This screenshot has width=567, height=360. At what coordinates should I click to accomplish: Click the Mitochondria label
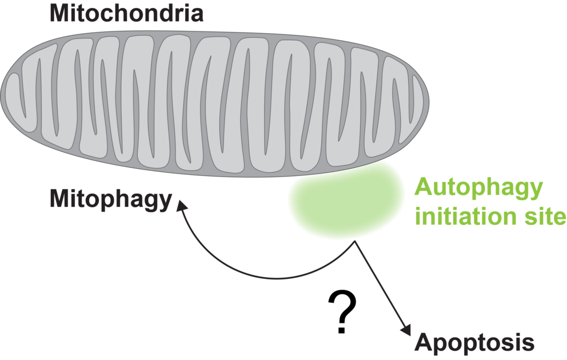pyautogui.click(x=126, y=13)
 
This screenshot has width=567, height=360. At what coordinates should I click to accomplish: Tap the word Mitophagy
pyautogui.click(x=111, y=201)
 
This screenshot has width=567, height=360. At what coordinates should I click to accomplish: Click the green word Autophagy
pyautogui.click(x=478, y=188)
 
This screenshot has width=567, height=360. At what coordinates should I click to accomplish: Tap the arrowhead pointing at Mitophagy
pyautogui.click(x=182, y=204)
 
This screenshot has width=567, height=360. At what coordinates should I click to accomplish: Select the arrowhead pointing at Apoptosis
pyautogui.click(x=406, y=331)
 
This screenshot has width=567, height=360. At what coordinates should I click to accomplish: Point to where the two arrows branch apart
pyautogui.click(x=354, y=242)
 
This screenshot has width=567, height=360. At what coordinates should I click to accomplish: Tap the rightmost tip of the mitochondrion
pyautogui.click(x=428, y=103)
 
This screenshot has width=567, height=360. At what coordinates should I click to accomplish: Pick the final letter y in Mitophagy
pyautogui.click(x=165, y=203)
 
